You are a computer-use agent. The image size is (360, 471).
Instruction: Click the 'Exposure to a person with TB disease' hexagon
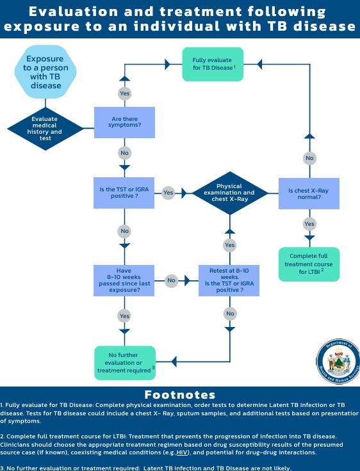click(45, 72)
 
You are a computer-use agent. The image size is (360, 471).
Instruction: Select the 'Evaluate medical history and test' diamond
click(45, 129)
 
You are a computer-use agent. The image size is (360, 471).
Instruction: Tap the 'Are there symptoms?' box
click(124, 122)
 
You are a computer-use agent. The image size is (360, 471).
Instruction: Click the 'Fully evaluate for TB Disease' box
click(213, 64)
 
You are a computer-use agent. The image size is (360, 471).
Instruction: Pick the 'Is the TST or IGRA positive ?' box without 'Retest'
click(124, 193)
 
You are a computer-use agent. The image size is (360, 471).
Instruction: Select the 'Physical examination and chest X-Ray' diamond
click(230, 193)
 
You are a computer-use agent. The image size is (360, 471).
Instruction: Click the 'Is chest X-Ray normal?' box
click(309, 193)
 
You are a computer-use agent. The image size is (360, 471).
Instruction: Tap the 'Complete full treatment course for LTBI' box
click(309, 264)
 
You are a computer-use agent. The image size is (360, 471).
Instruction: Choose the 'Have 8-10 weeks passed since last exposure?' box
click(124, 280)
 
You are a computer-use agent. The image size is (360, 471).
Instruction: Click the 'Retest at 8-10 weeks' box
click(229, 280)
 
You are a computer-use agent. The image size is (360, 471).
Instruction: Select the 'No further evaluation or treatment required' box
click(125, 363)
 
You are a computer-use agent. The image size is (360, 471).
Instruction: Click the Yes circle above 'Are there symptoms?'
click(124, 93)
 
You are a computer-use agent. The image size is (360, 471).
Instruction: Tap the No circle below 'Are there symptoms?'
click(124, 153)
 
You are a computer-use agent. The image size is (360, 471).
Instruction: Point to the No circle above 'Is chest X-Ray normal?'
click(309, 158)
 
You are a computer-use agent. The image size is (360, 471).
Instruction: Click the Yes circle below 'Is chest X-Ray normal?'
click(309, 224)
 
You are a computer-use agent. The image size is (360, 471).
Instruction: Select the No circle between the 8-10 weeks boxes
click(172, 280)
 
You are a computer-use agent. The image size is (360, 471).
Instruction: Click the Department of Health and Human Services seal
click(339, 362)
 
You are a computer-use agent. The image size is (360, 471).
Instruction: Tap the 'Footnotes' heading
click(180, 394)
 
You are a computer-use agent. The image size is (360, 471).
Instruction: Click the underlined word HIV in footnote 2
click(182, 452)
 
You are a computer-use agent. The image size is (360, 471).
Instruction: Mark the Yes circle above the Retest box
click(230, 245)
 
